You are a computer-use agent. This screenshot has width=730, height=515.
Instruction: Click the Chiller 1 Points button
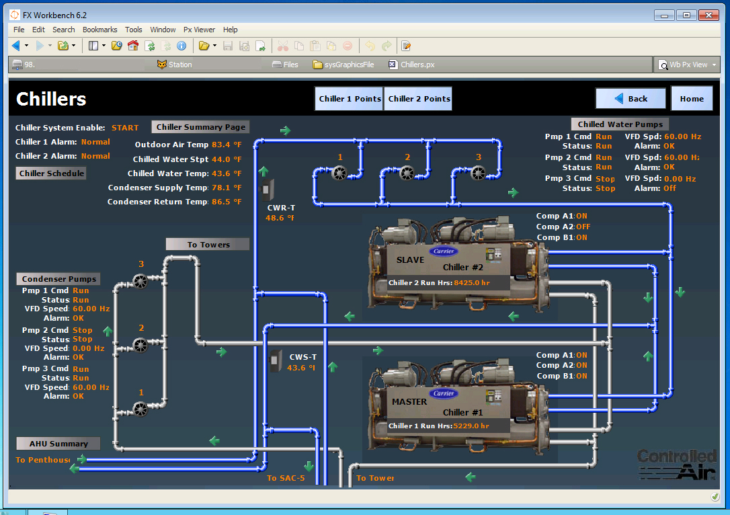point(350,99)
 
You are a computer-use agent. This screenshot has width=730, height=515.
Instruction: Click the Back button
point(631,99)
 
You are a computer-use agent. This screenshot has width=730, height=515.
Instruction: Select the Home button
point(692,99)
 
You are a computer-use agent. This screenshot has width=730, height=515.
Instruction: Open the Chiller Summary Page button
point(201,127)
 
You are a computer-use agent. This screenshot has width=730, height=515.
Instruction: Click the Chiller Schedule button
point(52,173)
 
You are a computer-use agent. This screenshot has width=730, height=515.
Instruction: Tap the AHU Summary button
point(58,444)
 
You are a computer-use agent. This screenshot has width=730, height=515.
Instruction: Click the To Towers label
point(208,244)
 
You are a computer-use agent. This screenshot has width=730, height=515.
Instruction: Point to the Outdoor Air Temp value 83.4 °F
point(227,145)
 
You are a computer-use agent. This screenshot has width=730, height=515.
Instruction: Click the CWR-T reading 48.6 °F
point(280,218)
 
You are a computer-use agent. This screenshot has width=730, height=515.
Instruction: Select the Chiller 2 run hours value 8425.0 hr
point(472,283)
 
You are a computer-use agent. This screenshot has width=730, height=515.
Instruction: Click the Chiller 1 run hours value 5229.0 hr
point(471,426)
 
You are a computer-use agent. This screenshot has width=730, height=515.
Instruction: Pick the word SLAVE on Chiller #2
point(410,260)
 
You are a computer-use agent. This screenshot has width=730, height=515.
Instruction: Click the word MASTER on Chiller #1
point(409,402)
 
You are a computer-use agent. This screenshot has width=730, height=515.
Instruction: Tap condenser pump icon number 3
point(140,280)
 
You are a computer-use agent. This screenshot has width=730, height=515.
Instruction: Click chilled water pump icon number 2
point(407,173)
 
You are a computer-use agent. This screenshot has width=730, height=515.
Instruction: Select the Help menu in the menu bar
point(231,30)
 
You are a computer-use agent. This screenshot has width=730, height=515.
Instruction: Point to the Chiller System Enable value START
point(125,128)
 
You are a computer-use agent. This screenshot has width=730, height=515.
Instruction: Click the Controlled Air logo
point(676,464)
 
